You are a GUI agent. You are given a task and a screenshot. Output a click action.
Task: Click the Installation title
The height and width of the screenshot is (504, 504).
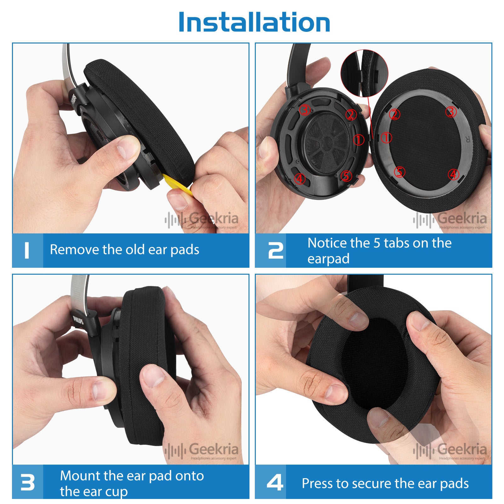tap(254, 22)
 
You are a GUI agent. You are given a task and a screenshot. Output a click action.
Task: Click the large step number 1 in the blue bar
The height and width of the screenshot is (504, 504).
tap(27, 250)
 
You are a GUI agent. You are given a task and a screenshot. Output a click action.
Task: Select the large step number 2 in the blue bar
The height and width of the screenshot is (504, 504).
tap(275, 250)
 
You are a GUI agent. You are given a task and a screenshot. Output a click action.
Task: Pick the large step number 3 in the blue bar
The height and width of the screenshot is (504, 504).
tap(27, 482)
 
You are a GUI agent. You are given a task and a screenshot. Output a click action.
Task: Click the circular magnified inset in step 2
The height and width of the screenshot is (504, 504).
tap(364, 73)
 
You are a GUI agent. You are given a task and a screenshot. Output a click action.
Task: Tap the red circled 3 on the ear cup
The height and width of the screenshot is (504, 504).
tap(305, 110)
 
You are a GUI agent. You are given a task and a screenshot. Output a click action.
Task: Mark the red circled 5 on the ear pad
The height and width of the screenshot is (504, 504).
tap(400, 172)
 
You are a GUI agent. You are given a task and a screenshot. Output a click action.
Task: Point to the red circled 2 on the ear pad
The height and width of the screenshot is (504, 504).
tap(395, 114)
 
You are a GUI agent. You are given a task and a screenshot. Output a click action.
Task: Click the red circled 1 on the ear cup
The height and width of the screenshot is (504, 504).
tap(358, 139)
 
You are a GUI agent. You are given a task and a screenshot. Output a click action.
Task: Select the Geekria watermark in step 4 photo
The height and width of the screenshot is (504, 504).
tap(450, 450)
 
